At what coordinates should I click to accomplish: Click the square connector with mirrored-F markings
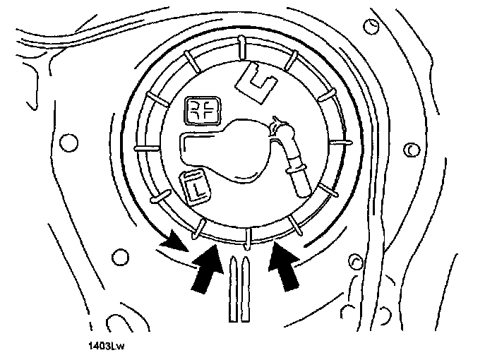pyautogui.click(x=203, y=111)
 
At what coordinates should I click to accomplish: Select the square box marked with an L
pyautogui.click(x=193, y=185)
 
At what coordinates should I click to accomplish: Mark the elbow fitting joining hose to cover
pyautogui.click(x=279, y=130)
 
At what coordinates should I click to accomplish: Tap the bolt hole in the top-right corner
pyautogui.click(x=371, y=28)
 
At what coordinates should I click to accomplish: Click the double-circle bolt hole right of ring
pyautogui.click(x=410, y=150)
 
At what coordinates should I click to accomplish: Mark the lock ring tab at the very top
pyautogui.click(x=240, y=44)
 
